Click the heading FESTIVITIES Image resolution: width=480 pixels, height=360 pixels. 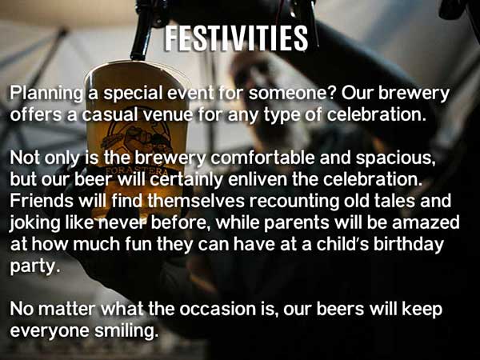click(236, 38)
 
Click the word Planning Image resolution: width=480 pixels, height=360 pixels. click(46, 94)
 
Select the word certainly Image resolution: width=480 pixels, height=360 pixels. click(186, 180)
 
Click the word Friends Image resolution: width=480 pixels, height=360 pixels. click(42, 201)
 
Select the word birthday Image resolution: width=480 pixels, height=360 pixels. click(409, 245)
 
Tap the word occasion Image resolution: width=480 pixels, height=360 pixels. click(218, 309)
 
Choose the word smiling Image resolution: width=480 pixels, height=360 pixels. click(126, 331)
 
